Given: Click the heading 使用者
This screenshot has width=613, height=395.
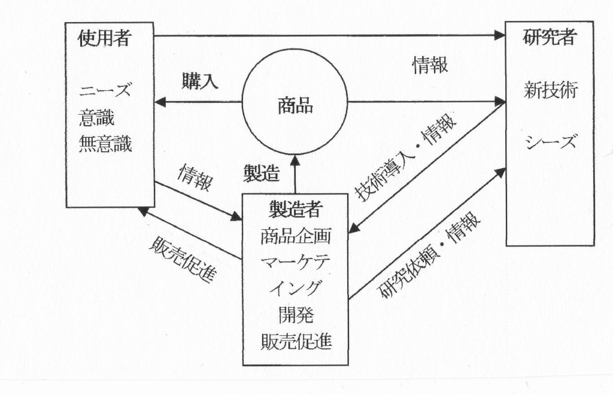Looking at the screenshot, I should [x=105, y=39].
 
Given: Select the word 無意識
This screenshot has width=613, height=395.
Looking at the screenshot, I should [x=105, y=144].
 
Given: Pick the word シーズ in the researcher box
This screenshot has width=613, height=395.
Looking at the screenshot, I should [x=550, y=142].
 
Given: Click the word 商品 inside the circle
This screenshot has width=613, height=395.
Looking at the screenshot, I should [x=295, y=106].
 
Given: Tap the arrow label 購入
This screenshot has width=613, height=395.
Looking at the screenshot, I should [x=199, y=82].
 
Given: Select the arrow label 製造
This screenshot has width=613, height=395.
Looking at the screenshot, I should [x=262, y=173].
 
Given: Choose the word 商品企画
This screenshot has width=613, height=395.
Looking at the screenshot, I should [x=296, y=236].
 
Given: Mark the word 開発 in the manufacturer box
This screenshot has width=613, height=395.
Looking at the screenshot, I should [x=296, y=314].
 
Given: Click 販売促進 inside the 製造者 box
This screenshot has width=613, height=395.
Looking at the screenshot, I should [x=296, y=341].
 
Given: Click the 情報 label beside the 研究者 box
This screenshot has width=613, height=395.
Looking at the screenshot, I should [x=430, y=66].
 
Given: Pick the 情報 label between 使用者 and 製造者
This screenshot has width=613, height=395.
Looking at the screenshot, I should [x=195, y=178].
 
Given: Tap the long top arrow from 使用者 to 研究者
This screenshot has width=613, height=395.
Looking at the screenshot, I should [x=329, y=35].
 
